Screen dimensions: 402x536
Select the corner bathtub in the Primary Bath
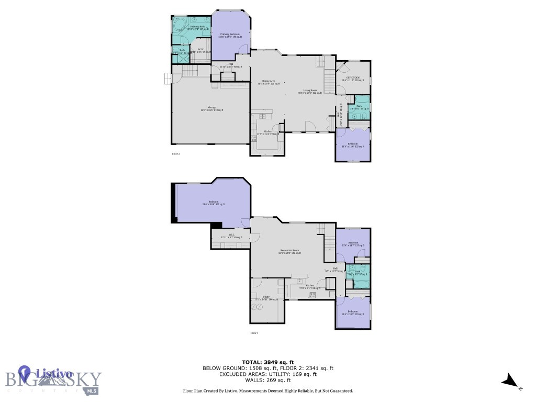tap(178, 25)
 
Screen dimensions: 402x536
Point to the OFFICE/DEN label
tap(353, 79)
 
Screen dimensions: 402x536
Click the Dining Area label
tap(271, 82)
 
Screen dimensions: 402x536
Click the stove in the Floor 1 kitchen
tap(313, 295)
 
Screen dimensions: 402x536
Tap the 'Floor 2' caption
tap(176, 154)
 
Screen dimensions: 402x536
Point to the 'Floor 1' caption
tap(254, 333)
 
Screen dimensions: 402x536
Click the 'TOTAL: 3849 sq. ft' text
tap(267, 362)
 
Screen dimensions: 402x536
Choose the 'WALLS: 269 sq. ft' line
tap(267, 380)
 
